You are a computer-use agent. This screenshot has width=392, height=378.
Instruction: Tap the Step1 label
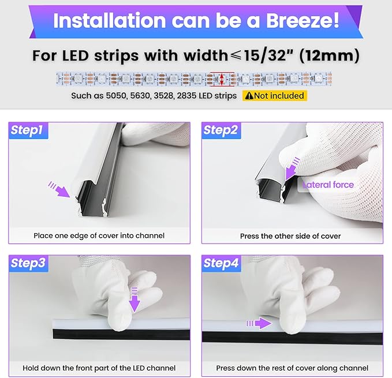click(27, 130)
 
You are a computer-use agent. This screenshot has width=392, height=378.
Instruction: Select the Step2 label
click(221, 130)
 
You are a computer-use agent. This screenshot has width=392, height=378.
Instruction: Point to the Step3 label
click(28, 264)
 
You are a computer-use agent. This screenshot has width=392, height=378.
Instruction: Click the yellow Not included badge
click(274, 96)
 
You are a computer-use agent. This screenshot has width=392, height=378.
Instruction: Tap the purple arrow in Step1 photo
click(59, 188)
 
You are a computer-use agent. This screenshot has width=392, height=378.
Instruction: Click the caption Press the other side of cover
click(290, 236)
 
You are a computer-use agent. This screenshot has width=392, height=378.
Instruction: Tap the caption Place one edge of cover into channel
click(99, 235)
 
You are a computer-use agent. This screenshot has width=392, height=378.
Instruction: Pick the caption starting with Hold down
click(99, 368)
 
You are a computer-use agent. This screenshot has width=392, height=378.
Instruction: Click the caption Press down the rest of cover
click(292, 368)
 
